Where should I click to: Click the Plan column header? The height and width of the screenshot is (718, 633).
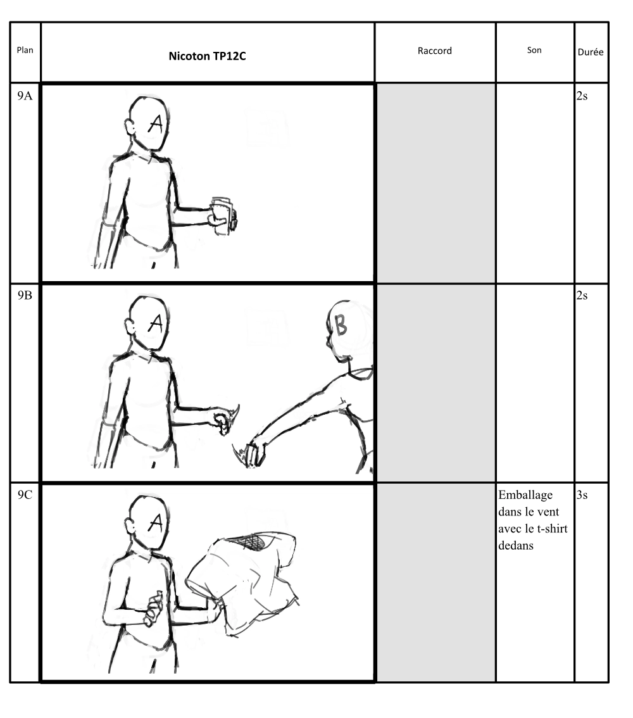25,50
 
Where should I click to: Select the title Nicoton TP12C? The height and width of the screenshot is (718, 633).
208,56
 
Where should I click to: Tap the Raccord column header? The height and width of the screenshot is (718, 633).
434,51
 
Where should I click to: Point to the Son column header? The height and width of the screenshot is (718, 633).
534,50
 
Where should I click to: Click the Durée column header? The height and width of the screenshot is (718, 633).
591,52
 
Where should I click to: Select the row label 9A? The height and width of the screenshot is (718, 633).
25,96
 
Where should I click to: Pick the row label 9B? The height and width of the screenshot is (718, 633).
25,295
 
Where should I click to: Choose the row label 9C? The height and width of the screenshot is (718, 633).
25,495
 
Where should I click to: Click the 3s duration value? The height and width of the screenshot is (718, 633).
582,495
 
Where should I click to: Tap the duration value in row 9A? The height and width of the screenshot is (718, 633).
582,96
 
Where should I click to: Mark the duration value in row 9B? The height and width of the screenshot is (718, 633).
582,295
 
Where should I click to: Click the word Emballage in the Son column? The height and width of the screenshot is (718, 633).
525,496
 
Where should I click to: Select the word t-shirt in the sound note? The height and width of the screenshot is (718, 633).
552,529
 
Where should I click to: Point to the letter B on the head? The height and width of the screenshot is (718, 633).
341,325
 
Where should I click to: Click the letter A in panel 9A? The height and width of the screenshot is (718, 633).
156,123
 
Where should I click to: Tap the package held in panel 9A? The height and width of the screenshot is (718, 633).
224,216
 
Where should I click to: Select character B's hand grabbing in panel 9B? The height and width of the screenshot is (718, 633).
254,453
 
